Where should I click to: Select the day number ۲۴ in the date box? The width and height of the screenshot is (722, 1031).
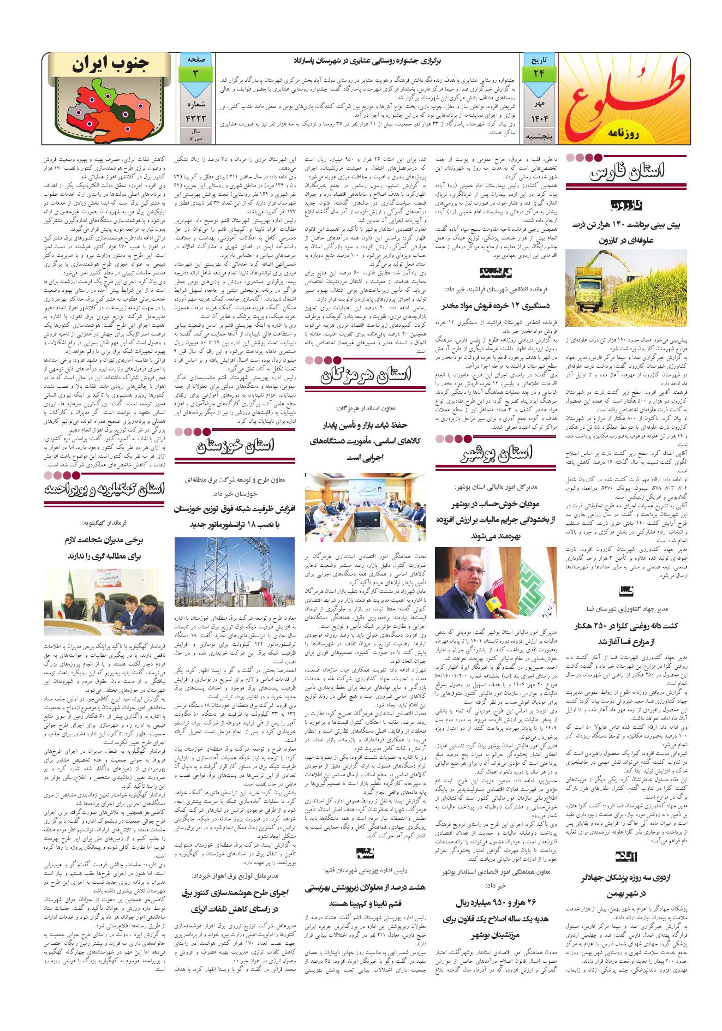539,73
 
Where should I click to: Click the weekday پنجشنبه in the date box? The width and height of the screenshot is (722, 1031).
539,134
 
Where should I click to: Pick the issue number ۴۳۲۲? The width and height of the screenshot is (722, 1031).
195,117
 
